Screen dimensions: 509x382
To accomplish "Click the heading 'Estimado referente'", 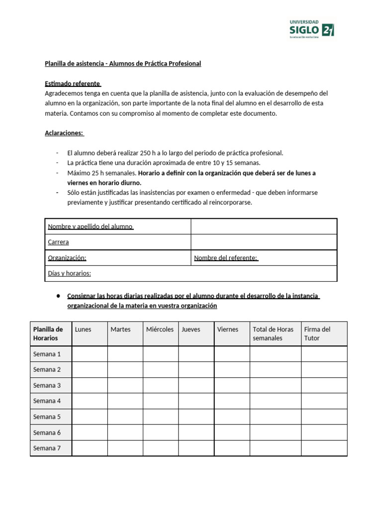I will click(73, 84).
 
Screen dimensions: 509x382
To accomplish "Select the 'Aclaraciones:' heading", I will click(65, 133).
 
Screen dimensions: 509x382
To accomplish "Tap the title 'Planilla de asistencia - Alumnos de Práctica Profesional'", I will click(123, 64).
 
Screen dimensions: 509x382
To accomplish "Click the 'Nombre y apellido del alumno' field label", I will click(91, 227).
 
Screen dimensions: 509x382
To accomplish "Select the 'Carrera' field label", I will click(58, 242).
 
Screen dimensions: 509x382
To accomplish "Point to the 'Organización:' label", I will click(67, 257).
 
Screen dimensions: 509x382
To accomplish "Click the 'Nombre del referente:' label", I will click(226, 257).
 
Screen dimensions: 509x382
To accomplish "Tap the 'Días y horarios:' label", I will click(69, 273).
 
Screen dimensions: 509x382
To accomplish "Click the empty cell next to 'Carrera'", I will click(264, 242).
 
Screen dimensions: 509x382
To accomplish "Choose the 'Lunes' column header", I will click(83, 329).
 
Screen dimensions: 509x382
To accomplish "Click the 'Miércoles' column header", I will click(160, 329).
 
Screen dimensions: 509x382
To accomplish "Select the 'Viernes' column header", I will click(228, 329).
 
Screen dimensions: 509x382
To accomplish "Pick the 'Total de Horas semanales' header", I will click(273, 334).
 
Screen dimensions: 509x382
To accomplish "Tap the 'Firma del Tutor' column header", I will click(317, 334).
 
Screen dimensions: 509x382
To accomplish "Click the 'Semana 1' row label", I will click(47, 354).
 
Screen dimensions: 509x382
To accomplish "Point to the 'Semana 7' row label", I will click(47, 448).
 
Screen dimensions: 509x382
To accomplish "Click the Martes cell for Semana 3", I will click(125, 385).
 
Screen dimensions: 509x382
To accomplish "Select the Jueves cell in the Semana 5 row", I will click(196, 417).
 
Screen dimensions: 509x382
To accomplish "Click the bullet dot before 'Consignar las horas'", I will click(58, 296).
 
